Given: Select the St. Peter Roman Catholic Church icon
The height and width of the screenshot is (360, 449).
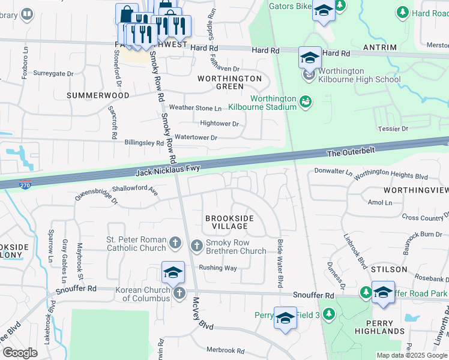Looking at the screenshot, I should [175, 243].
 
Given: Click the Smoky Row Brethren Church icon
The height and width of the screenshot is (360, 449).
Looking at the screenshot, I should [197, 245].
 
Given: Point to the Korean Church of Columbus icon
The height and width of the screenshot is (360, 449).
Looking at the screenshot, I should [179, 293].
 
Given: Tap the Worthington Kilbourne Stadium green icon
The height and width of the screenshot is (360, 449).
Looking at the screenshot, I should [306, 102].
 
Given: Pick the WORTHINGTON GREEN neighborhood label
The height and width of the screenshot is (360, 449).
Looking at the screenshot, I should [230, 82].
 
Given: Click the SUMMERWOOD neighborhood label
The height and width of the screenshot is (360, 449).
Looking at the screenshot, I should [98, 95].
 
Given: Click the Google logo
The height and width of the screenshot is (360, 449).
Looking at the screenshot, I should [20, 353].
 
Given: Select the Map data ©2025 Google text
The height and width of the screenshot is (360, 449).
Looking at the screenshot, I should [411, 355].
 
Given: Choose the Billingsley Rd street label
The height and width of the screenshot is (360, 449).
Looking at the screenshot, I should [143, 144].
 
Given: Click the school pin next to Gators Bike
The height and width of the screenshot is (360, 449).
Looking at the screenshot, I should [324, 12].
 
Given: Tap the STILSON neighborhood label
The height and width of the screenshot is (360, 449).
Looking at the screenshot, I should [389, 269].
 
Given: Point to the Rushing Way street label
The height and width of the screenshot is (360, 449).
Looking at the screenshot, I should [218, 268].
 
